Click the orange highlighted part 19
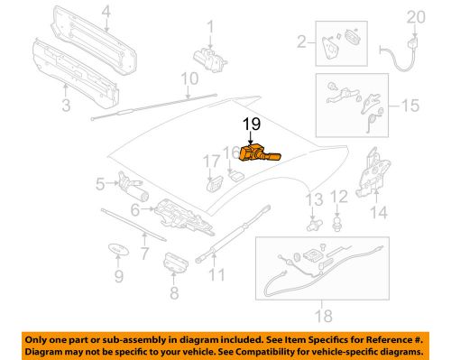tap(256, 154)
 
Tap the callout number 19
tap(253, 125)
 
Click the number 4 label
tap(106, 12)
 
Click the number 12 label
tap(339, 196)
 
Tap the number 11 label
tap(216, 274)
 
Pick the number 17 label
tap(211, 162)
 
